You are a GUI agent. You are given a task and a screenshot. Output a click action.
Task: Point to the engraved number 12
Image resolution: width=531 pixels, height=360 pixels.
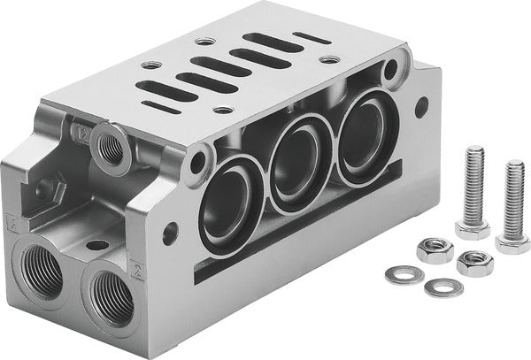pyautogui.click(x=85, y=133)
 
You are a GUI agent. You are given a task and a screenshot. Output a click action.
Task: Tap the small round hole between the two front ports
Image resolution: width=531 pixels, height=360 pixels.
pyautogui.click(x=93, y=245)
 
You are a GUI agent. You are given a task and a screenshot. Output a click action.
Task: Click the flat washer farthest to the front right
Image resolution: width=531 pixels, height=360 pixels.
pyautogui.click(x=442, y=287)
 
